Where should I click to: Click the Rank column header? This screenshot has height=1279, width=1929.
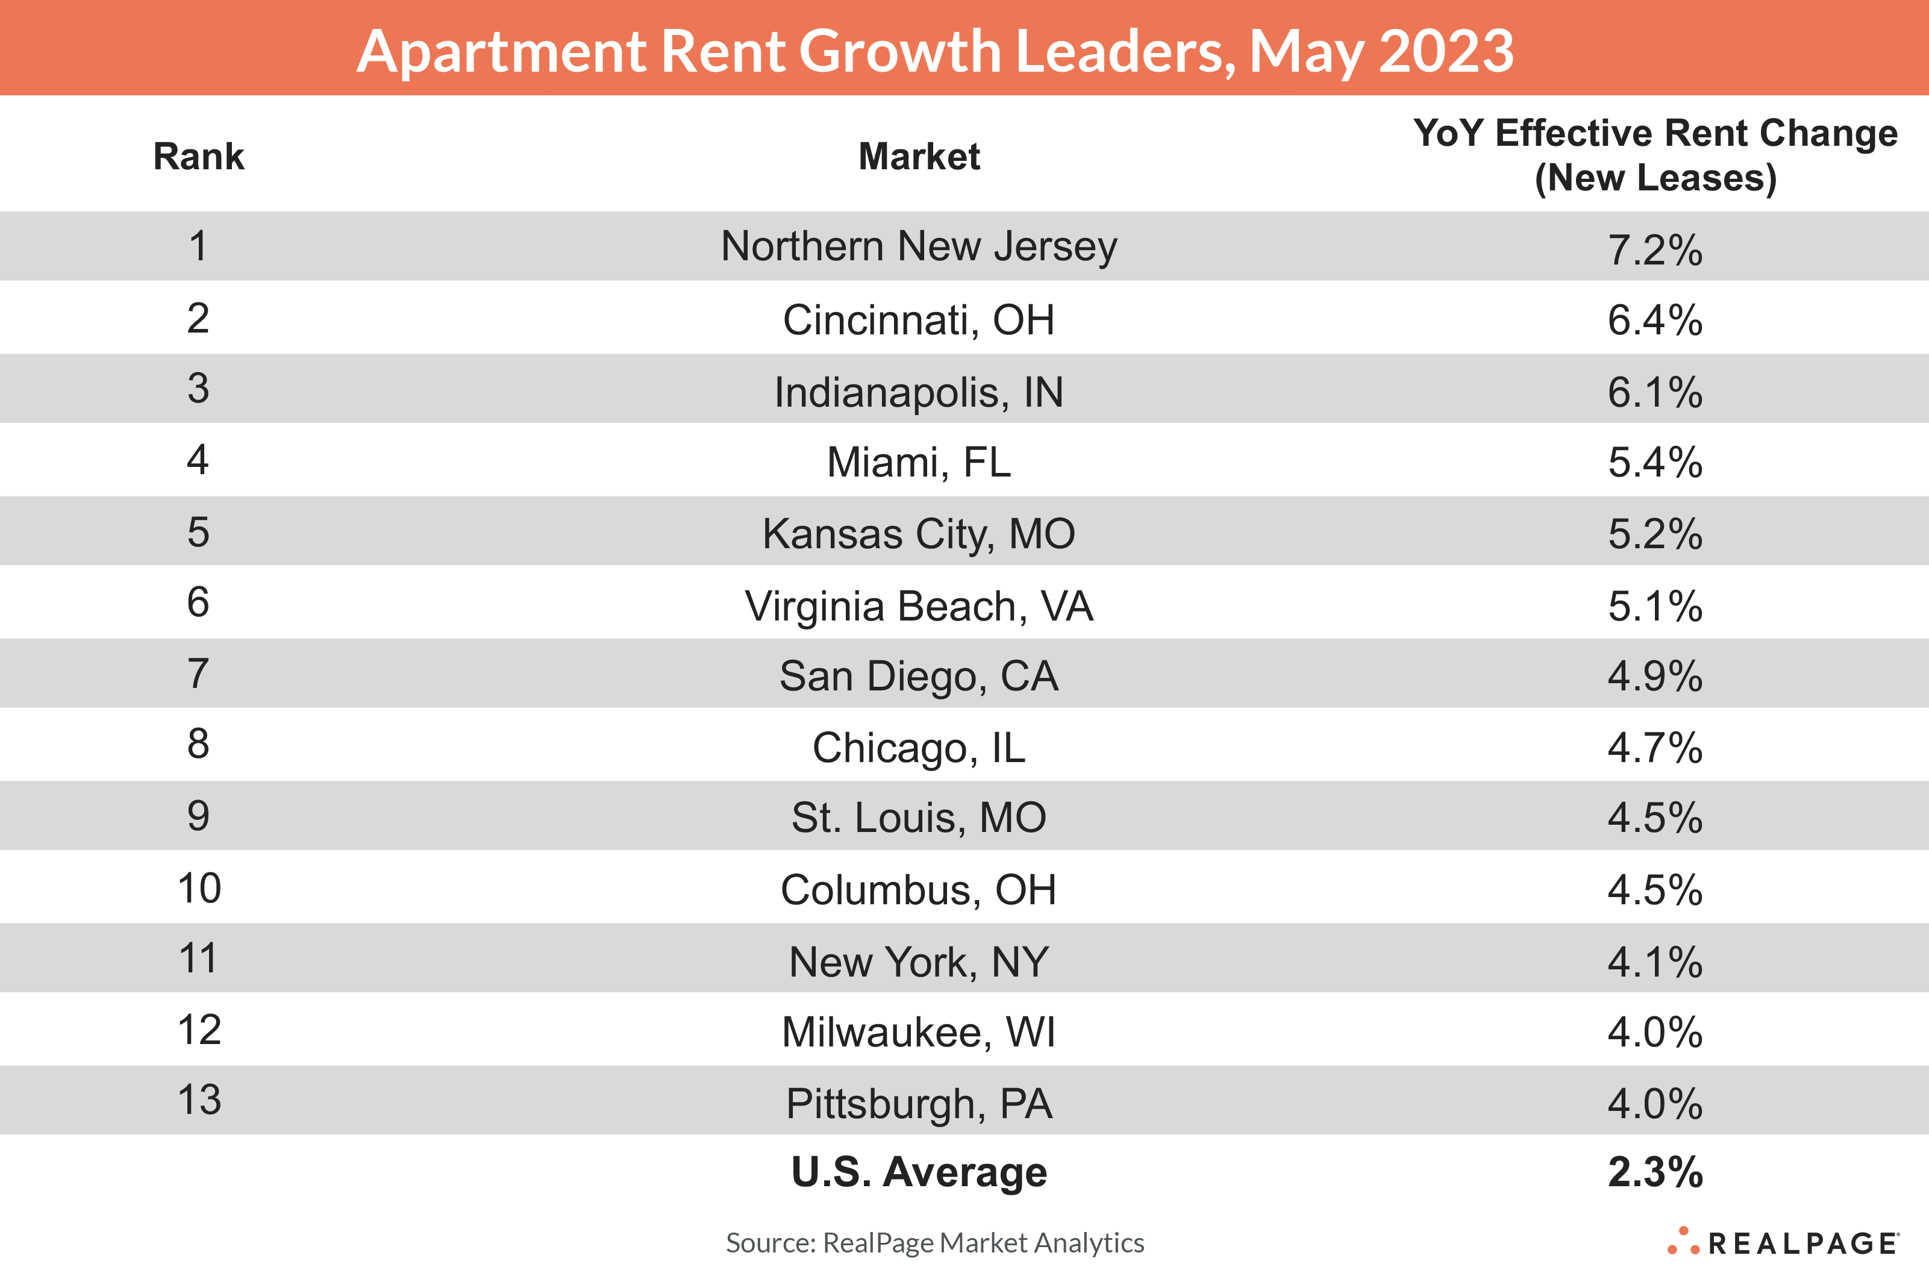198,156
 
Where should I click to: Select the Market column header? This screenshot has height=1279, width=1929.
919,156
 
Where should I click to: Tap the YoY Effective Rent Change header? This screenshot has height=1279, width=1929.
1655,155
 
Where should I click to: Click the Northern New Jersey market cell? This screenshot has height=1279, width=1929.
919,246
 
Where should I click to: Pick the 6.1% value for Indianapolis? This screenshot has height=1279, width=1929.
1655,392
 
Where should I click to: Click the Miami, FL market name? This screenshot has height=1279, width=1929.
919,463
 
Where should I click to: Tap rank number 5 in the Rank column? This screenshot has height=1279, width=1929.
198,532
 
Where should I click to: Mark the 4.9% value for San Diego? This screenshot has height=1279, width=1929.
1655,676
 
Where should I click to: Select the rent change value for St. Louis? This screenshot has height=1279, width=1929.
1655,818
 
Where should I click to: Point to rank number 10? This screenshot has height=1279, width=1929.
199,888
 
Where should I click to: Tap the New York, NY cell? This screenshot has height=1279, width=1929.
919,962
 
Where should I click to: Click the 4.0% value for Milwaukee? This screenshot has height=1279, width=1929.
1655,1032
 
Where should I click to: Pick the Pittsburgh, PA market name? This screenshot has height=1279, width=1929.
919,1104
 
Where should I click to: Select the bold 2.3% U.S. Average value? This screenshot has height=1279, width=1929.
1655,1172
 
